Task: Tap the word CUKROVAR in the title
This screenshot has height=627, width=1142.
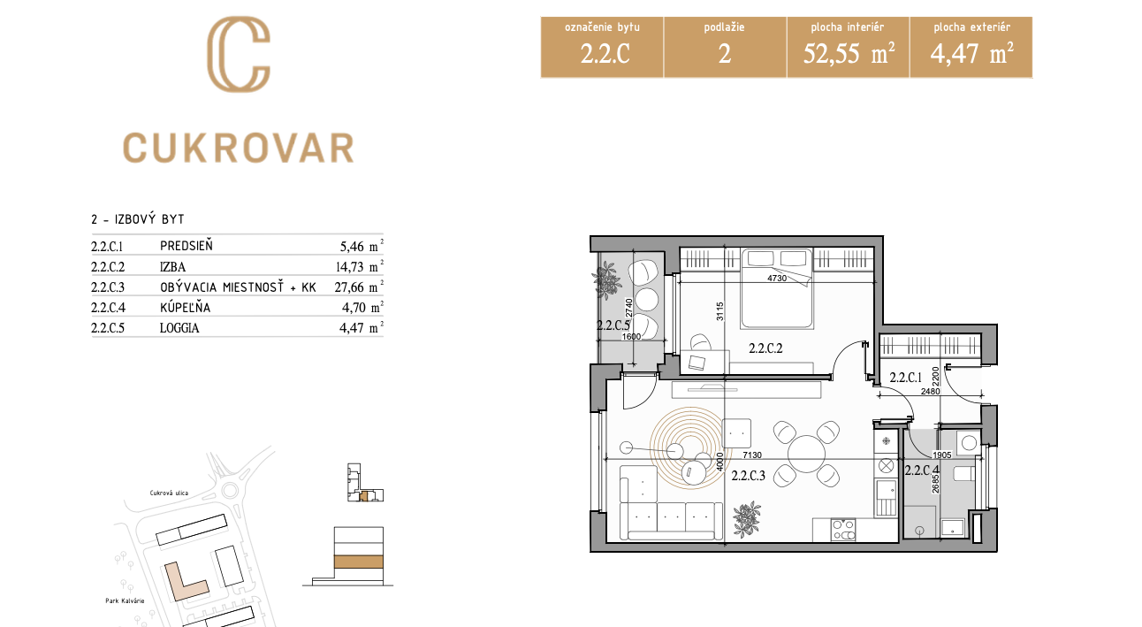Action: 239,148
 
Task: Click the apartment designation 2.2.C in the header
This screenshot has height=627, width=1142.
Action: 605,54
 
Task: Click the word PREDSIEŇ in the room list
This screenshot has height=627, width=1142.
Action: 187,246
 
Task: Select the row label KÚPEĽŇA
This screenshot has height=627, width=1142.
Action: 185,307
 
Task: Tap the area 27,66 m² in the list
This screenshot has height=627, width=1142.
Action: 359,287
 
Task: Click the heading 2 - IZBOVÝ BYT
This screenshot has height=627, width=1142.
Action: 138,219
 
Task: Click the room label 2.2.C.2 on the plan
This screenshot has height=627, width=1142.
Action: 765,348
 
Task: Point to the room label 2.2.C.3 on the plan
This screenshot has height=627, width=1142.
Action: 749,476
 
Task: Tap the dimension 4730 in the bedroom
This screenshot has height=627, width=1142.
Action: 777,278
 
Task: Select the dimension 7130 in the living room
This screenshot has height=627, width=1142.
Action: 752,455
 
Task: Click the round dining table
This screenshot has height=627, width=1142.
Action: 806,454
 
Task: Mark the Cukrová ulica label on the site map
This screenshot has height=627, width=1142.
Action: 169,493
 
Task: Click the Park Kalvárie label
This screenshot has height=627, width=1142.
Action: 125,600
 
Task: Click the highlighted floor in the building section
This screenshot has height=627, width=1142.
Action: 358,562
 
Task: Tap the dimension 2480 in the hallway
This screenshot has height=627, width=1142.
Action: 931,391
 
